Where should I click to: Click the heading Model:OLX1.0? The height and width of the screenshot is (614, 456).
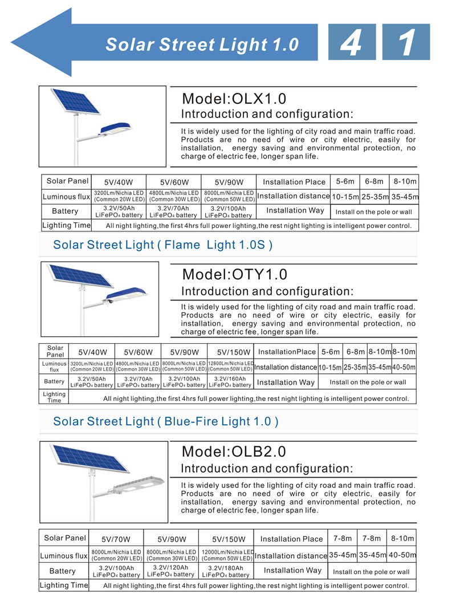tap(234, 98)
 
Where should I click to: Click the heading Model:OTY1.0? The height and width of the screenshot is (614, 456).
tap(234, 274)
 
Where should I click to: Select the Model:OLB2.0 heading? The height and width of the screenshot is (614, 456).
tap(234, 452)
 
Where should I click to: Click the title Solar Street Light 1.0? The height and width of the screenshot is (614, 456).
tap(202, 44)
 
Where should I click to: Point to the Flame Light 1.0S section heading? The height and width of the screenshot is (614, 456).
tap(162, 245)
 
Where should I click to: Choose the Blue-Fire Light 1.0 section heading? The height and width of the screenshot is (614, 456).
tap(165, 422)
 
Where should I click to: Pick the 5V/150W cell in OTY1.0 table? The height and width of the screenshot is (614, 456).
tap(230, 352)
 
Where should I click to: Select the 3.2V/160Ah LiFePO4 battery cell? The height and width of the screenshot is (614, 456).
tap(230, 381)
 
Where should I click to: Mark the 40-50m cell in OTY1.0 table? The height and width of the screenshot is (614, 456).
tap(404, 367)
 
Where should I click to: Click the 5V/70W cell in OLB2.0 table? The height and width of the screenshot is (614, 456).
tap(116, 539)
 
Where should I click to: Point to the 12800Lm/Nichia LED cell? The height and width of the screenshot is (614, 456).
tap(230, 366)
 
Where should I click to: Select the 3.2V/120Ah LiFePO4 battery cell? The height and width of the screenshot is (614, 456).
tap(171, 571)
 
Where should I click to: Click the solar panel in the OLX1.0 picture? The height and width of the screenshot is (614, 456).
tap(75, 100)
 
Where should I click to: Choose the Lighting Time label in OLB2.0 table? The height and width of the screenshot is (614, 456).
tap(63, 585)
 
